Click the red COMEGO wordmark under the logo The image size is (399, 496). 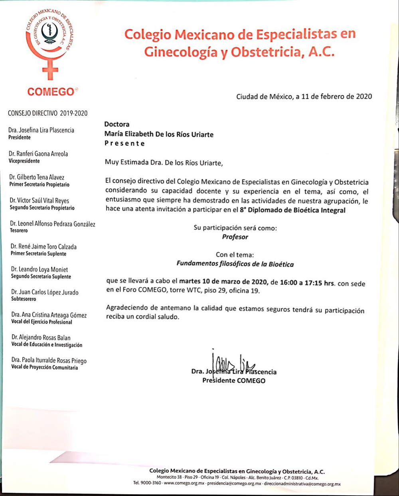point(51,92)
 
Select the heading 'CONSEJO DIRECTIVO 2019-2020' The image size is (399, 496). point(47,113)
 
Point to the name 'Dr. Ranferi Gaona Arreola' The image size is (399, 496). point(38,154)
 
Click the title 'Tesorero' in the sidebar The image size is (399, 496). point(19,231)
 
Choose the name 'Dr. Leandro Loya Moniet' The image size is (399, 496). point(40,269)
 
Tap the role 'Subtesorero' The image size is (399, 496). point(24,299)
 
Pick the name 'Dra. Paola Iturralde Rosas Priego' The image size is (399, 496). point(49,360)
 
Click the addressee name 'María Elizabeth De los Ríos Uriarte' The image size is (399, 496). point(159,134)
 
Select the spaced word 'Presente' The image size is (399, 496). point(125,143)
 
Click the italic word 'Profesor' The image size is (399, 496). point(235,237)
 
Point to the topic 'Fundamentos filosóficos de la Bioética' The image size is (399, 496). point(235,264)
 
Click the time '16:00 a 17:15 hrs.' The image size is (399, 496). point(307,283)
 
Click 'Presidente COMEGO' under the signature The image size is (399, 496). point(234,380)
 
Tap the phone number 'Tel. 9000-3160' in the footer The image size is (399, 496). point(147,483)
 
